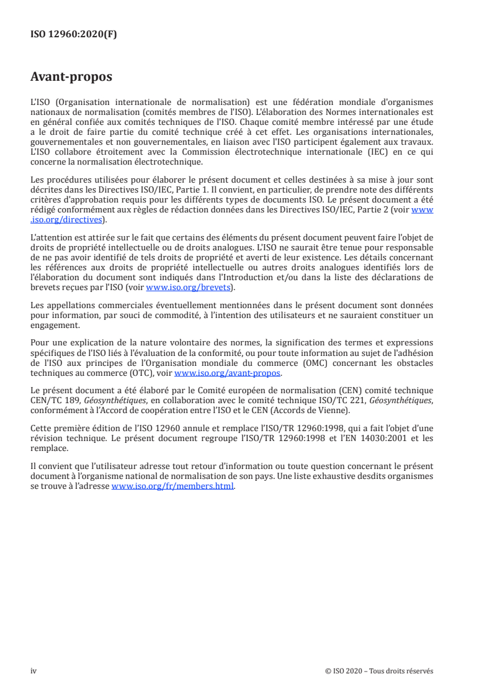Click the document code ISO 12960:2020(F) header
pyautogui.click(x=73, y=35)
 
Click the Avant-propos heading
pyautogui.click(x=71, y=78)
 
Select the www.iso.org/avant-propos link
pyautogui.click(x=228, y=373)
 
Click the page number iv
pyautogui.click(x=34, y=671)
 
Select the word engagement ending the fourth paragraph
pyautogui.click(x=55, y=324)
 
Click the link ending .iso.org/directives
pyautogui.click(x=68, y=219)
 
